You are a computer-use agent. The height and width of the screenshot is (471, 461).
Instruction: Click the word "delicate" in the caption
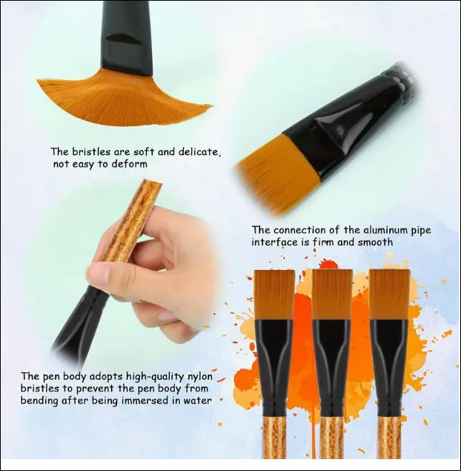pyautogui.click(x=199, y=152)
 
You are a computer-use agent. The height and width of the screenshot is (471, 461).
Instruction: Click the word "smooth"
pyautogui.click(x=375, y=242)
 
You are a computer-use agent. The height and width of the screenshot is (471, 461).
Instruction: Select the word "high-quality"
pyautogui.click(x=153, y=377)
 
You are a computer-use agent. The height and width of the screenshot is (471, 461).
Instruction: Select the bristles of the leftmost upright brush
pyautogui.click(x=275, y=294)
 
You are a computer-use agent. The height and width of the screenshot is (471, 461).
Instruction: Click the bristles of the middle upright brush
pyautogui.click(x=332, y=294)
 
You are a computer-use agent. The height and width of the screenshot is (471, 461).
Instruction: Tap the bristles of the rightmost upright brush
pyautogui.click(x=390, y=294)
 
